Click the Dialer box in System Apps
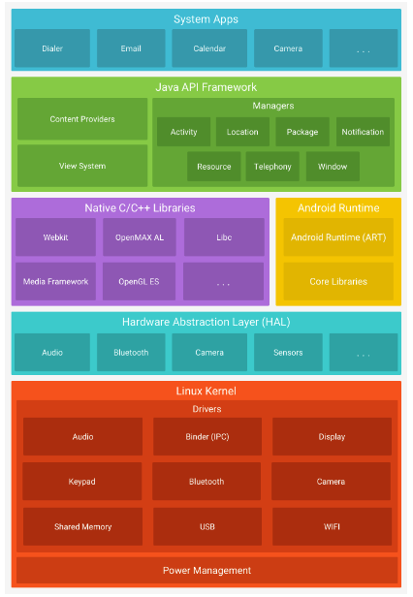point(52,48)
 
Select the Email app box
point(131,48)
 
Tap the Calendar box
point(209,48)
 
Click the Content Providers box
point(82,119)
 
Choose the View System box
point(82,166)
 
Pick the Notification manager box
point(363,132)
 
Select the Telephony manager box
point(272,167)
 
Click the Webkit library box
point(55,237)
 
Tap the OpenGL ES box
point(140,282)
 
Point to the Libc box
point(224,237)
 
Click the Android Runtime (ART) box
point(337,237)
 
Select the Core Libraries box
point(337,282)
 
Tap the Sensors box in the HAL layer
point(288,353)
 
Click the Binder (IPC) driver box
point(206,437)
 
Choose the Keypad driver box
point(82,482)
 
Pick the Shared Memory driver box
point(82,527)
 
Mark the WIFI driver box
point(331,527)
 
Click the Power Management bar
point(206,570)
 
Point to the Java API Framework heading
point(206,86)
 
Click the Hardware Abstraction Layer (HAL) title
point(206,322)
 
